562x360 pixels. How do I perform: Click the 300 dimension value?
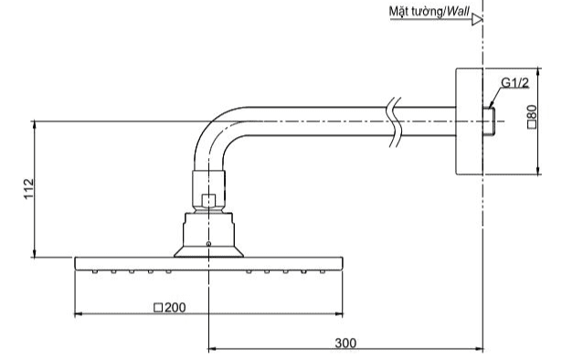point(345,344)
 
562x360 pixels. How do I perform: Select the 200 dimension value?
point(175,307)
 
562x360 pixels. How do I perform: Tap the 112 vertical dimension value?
point(28,189)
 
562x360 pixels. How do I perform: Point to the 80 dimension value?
point(532,111)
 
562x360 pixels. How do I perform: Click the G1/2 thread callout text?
point(514,83)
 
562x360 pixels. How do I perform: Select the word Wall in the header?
point(459,11)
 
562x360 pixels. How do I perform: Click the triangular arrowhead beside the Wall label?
point(477,19)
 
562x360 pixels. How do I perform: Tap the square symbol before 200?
point(158,308)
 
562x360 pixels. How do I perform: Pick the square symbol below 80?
point(532,124)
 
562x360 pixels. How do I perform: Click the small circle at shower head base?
point(208,244)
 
